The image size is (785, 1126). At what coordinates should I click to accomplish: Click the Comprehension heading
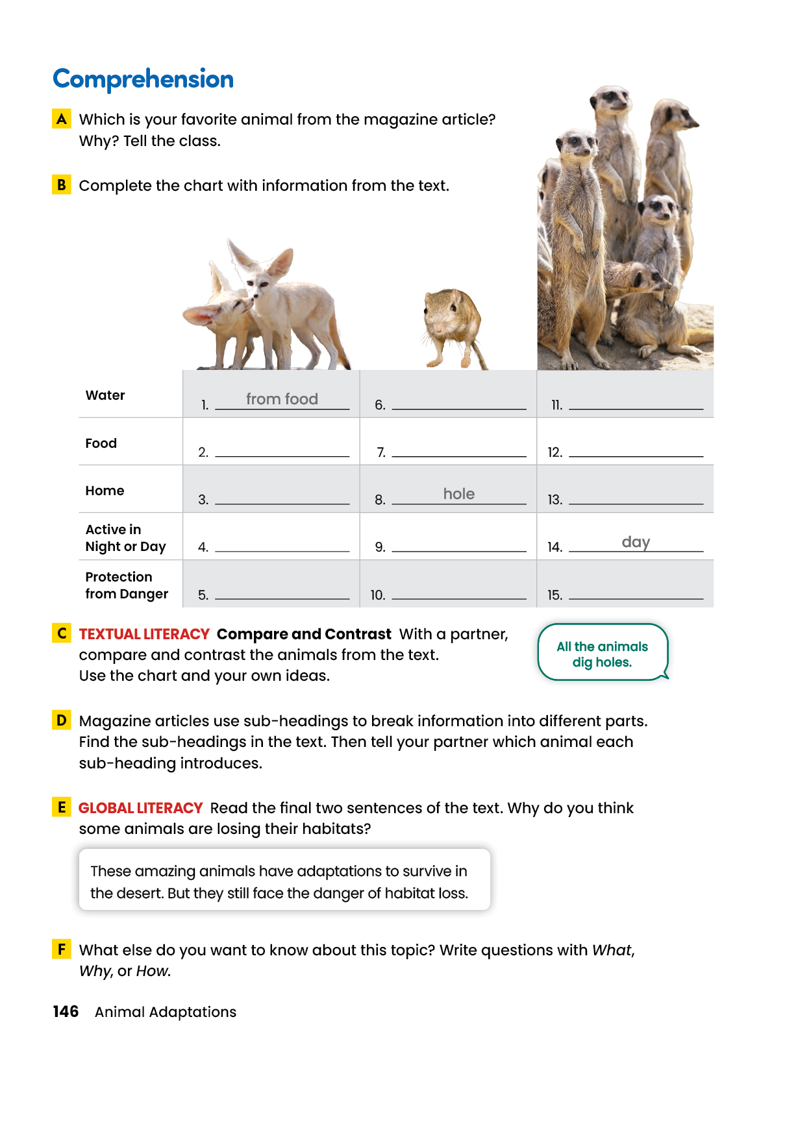143,79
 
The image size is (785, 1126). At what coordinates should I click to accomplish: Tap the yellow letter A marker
62,119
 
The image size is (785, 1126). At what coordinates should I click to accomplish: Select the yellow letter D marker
62,720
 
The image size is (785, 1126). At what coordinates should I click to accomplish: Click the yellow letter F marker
62,949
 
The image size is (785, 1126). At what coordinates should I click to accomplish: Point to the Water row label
105,395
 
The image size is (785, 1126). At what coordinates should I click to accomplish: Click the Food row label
101,443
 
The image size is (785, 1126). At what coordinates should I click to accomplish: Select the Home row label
105,491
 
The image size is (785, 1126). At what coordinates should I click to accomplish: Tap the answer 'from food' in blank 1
282,399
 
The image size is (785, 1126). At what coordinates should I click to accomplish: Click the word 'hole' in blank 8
459,494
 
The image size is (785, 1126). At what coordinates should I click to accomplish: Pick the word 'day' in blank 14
636,542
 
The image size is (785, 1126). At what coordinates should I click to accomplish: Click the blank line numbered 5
282,596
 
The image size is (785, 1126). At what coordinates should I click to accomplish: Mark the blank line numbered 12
636,454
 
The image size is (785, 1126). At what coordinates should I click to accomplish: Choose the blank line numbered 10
459,596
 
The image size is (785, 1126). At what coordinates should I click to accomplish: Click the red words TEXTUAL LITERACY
144,634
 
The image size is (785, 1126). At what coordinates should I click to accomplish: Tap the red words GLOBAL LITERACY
141,808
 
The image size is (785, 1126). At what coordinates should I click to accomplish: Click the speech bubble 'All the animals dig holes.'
602,654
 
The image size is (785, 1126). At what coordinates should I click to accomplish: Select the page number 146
66,1012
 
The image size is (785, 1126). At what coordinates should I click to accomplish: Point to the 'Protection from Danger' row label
127,585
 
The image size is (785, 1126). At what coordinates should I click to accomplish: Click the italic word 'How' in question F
153,972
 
